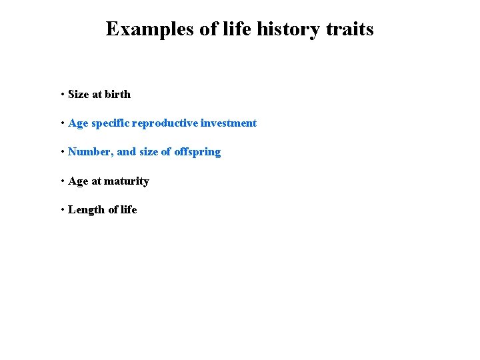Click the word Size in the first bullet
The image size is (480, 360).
coord(78,95)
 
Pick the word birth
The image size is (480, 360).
coord(118,95)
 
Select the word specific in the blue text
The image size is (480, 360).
coord(110,123)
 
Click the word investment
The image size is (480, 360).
coord(229,123)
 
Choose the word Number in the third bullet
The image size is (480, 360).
coord(90,152)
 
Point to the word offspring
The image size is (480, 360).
coord(197,152)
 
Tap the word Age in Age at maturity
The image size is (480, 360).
coord(78,181)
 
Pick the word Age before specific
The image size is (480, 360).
coord(78,123)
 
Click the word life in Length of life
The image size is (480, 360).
coord(128,210)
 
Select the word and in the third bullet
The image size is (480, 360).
coord(126,152)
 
